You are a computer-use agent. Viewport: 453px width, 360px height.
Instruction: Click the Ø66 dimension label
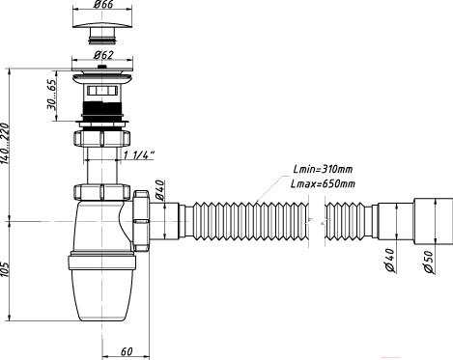coord(103,5)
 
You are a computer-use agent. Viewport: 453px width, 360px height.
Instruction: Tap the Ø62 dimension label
coord(103,55)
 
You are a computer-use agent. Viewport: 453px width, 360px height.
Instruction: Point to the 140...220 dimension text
coord(6,143)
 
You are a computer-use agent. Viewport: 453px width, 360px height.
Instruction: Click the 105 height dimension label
coord(6,269)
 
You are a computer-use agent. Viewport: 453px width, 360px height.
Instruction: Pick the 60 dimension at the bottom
coord(127,351)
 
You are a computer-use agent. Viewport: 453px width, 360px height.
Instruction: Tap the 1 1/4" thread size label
coord(139,155)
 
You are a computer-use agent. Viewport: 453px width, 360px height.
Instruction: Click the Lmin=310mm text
coord(323,169)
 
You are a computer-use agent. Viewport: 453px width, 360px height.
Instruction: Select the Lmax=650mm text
coord(323,183)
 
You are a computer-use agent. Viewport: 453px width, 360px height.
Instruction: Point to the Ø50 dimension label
coord(429,262)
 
